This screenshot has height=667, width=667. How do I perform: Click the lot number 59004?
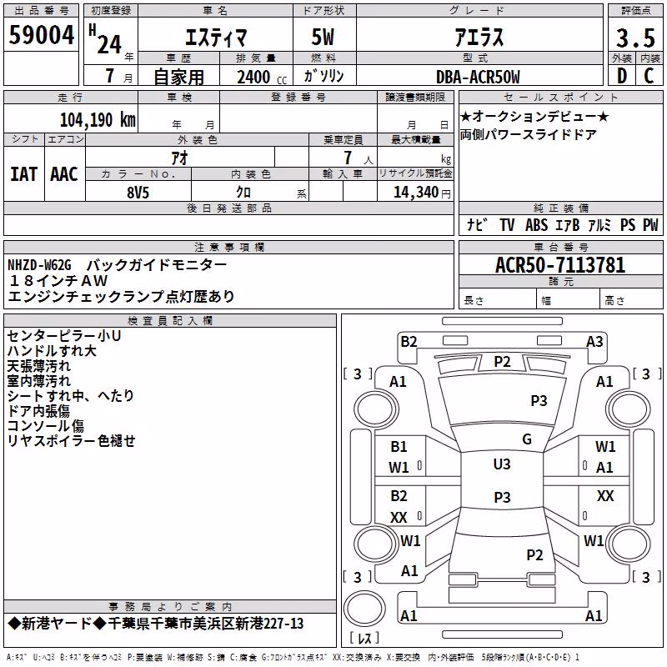[41, 35]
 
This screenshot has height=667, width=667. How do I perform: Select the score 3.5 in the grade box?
[635, 38]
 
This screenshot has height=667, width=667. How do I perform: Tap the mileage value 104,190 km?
[98, 120]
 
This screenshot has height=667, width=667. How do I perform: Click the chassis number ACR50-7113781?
[560, 265]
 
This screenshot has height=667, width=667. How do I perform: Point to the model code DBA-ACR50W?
[478, 77]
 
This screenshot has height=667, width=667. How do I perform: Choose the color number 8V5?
[138, 193]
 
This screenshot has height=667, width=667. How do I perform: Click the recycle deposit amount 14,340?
[416, 193]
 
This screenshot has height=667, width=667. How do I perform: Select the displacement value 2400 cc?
[262, 77]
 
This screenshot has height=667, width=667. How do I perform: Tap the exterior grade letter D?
[622, 76]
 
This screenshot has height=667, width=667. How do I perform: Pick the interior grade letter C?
[649, 76]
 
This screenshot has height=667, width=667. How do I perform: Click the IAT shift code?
[23, 174]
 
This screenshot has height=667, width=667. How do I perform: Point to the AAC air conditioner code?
[64, 174]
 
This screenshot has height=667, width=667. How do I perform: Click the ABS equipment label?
[536, 225]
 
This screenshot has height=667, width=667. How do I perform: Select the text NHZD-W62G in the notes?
[39, 265]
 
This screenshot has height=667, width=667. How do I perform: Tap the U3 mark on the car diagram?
[502, 464]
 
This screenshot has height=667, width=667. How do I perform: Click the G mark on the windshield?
[527, 439]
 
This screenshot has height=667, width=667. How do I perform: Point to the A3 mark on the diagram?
[594, 342]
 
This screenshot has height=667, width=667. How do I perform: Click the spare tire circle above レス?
[364, 609]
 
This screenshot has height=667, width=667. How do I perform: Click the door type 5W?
[323, 37]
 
